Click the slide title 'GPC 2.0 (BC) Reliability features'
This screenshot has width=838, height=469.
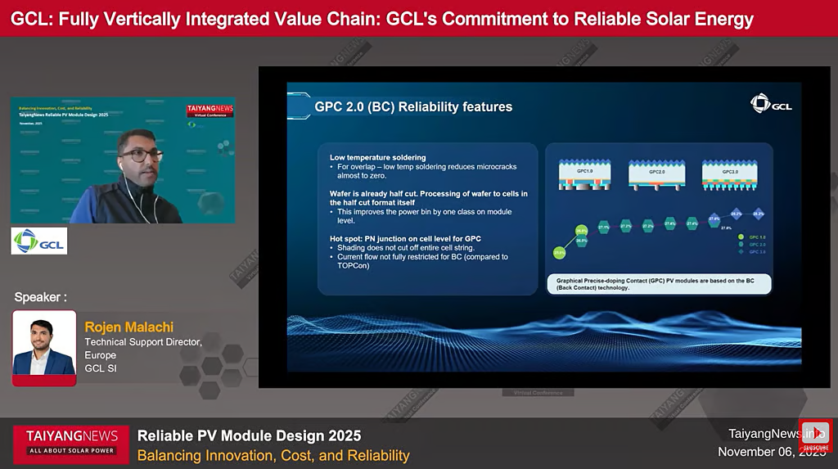pos(413,106)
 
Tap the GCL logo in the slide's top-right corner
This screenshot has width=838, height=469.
pos(770,103)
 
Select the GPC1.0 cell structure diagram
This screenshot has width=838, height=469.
pos(583,174)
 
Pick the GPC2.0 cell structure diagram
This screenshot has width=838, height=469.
pos(656,174)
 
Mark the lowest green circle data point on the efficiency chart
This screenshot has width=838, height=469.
pos(559,254)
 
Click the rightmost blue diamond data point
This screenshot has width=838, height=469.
pos(758,214)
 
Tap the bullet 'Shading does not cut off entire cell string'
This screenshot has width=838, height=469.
pos(405,247)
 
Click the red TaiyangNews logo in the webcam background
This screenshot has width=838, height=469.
pos(209,109)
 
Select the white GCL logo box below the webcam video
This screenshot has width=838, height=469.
pos(38,241)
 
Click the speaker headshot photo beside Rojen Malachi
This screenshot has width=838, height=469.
pos(44,347)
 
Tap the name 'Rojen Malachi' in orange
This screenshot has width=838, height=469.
pos(128,327)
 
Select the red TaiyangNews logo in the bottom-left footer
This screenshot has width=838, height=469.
pos(71,440)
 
